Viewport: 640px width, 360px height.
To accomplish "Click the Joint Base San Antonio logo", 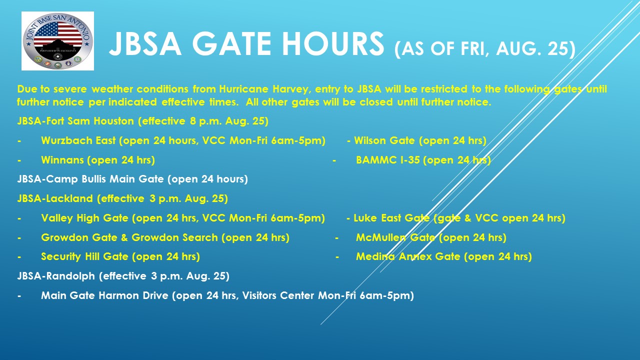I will point(57,41).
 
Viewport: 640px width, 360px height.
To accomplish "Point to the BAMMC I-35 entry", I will point(423,160).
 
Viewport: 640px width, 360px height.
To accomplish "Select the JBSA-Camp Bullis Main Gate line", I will point(132,179).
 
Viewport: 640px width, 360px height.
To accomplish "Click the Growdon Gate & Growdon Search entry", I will point(165,237).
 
